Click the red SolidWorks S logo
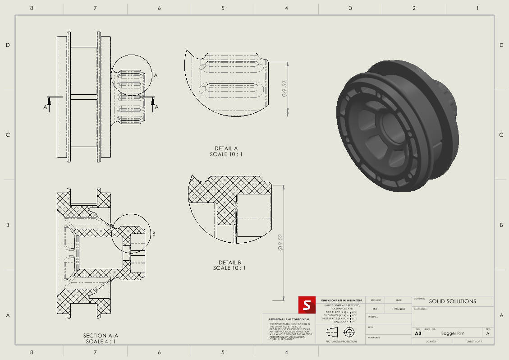pos(307,305)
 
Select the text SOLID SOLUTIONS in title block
pos(452,301)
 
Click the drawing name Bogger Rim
pos(452,333)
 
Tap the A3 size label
pos(418,333)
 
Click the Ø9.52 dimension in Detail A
pos(284,89)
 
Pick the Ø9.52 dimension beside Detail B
pos(280,242)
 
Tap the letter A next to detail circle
pos(156,76)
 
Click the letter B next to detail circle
pos(154,234)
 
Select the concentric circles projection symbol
pos(349,332)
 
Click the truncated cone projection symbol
pos(332,332)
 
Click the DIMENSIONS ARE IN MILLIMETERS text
pos(341,300)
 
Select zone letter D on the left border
pos(8,45)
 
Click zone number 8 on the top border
pos(31,8)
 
